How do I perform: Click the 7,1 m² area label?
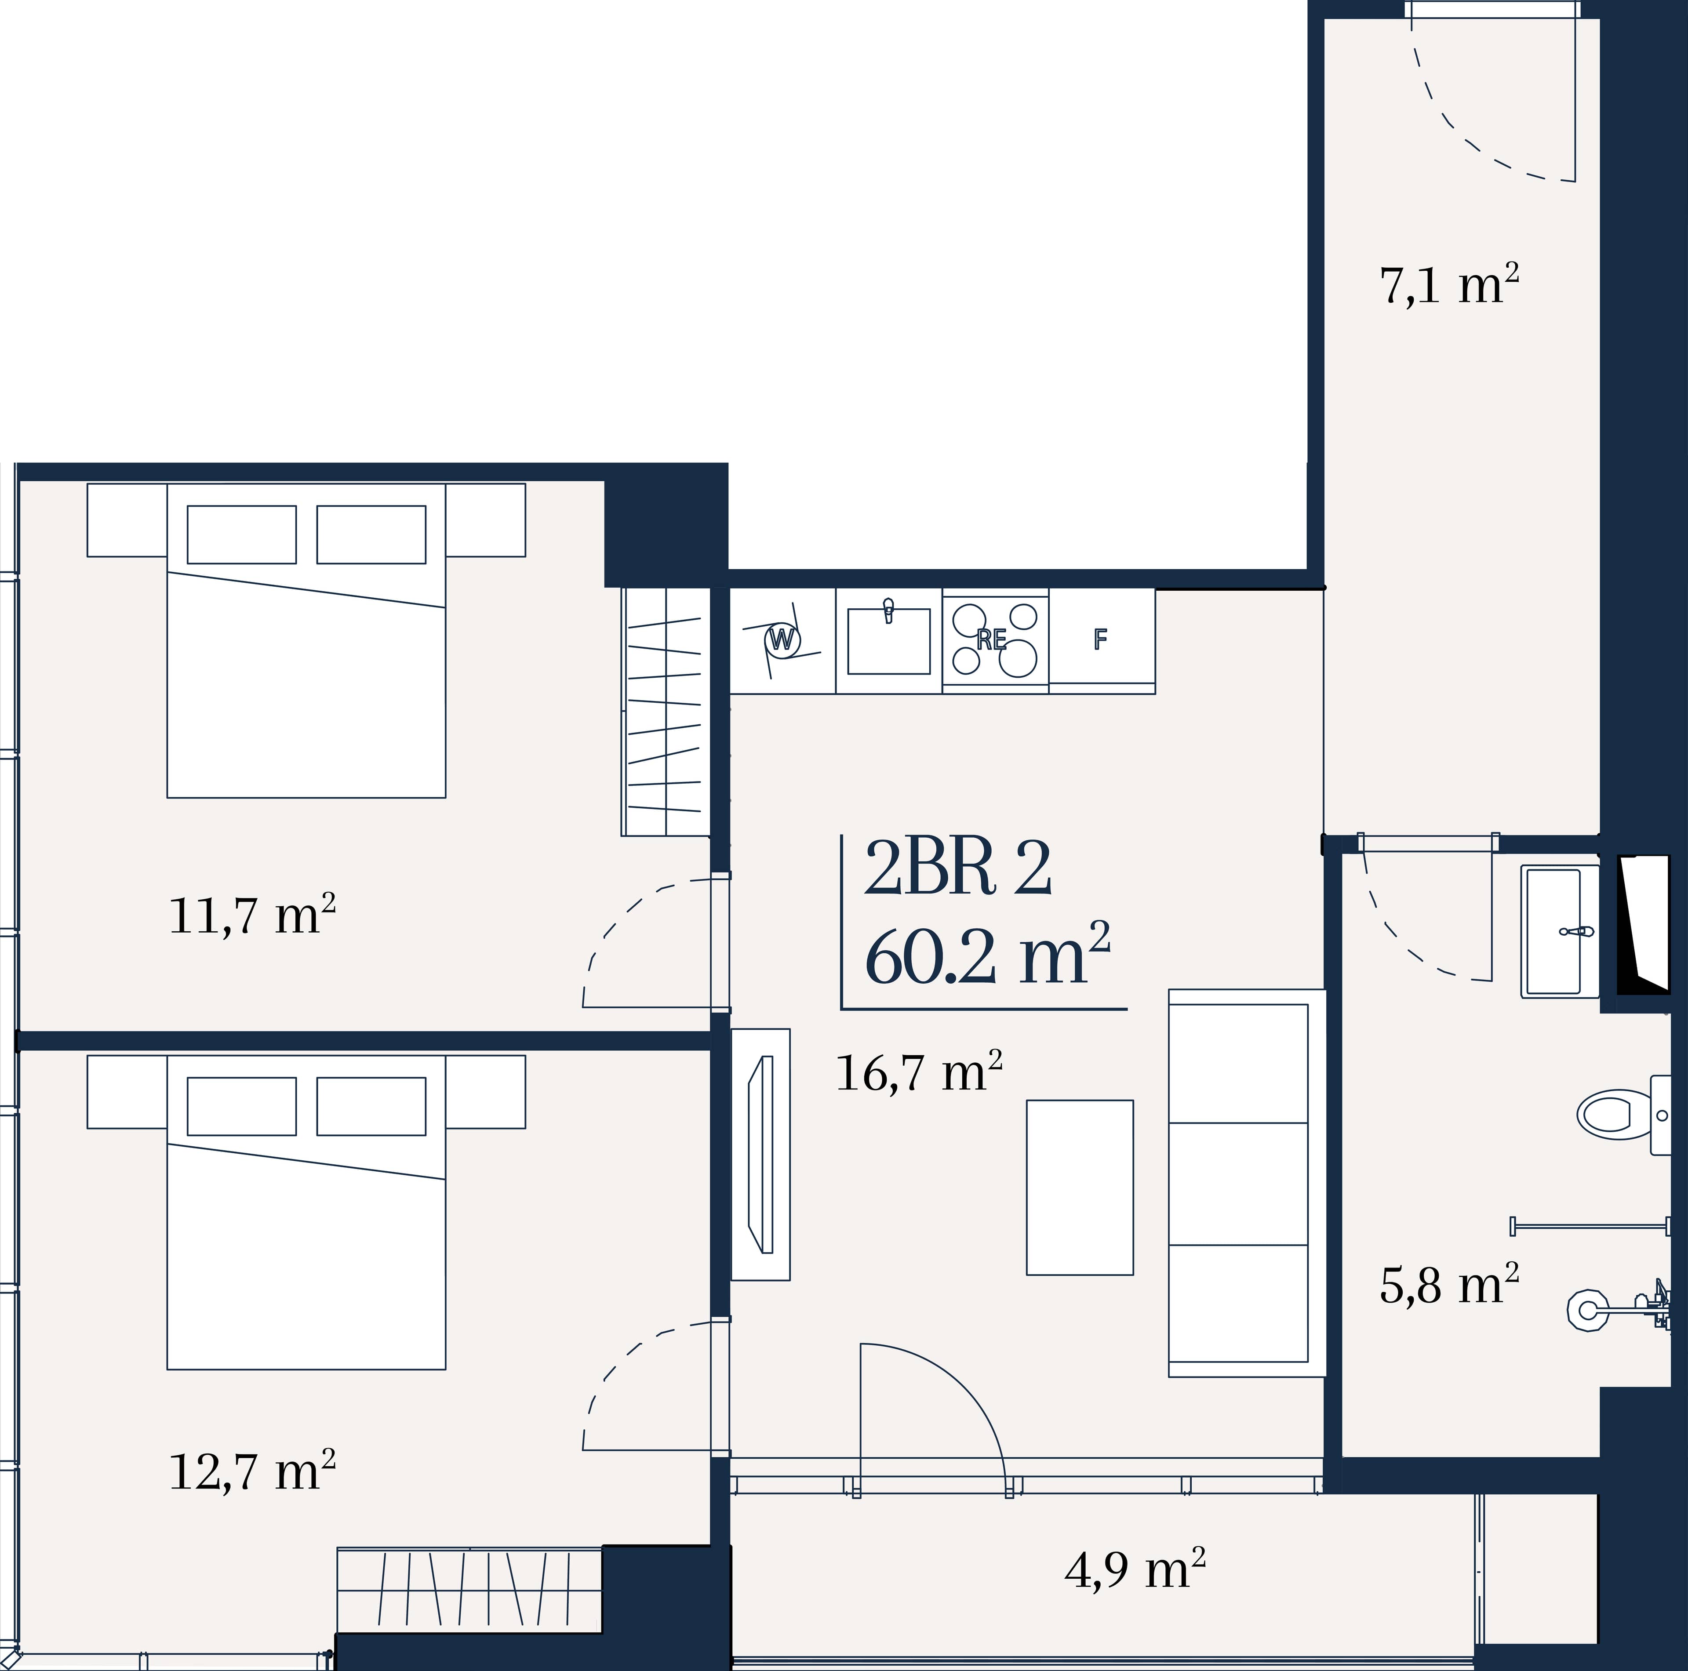[1448, 285]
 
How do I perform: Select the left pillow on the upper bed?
[242, 534]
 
